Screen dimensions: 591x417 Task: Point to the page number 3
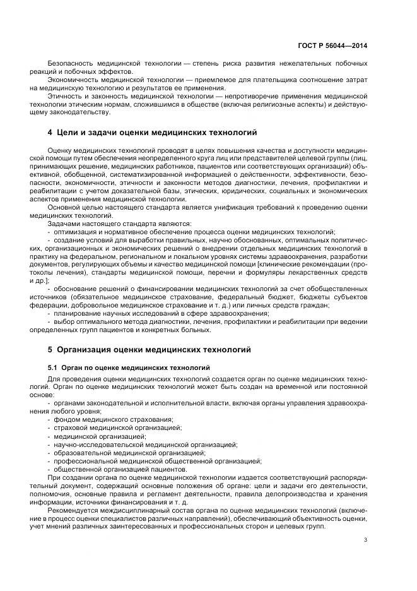tap(366, 539)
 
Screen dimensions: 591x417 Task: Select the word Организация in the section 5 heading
tap(90, 348)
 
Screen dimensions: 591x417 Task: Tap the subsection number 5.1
tap(53, 367)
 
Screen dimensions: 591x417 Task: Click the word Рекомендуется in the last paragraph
tap(75, 509)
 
